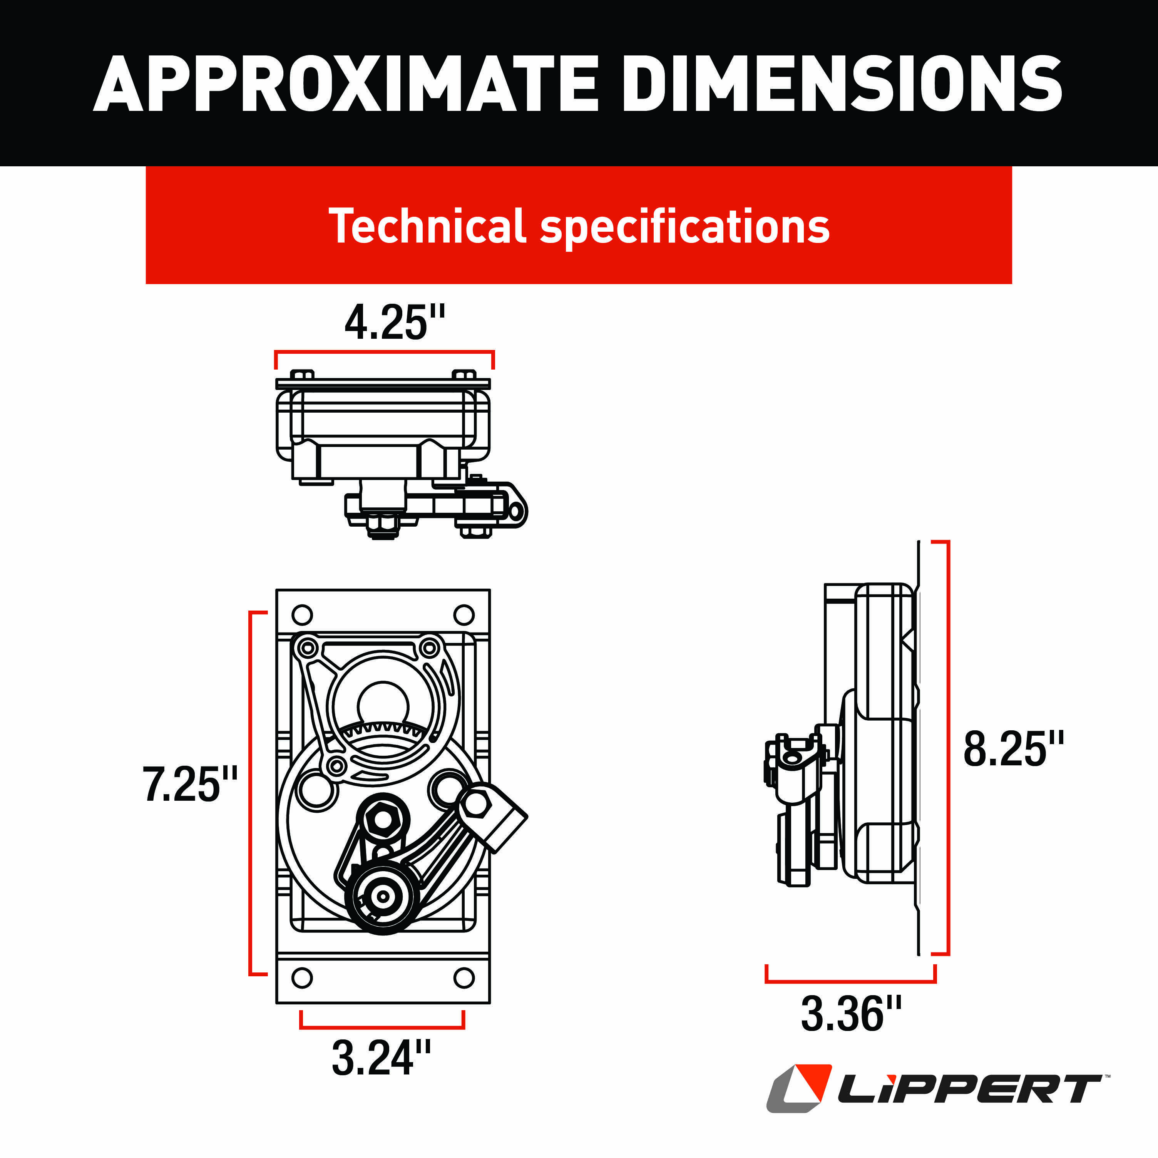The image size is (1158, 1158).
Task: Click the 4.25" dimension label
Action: tap(394, 323)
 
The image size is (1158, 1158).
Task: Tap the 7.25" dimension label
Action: tap(189, 784)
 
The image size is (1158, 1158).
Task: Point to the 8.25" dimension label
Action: tap(1013, 749)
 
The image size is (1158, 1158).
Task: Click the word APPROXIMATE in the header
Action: tap(346, 84)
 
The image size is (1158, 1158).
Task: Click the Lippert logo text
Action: tap(968, 1090)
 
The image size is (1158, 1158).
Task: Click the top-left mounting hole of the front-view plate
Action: tap(302, 615)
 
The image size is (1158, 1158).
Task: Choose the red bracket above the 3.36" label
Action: tap(850, 981)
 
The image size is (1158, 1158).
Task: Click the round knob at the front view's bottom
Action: tap(382, 896)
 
